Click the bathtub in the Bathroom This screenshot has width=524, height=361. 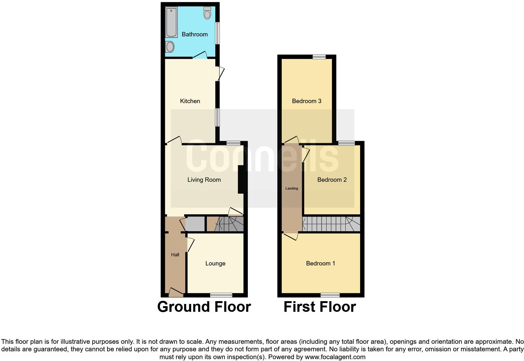click(x=171, y=22)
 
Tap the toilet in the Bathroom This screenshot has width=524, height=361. click(x=207, y=13)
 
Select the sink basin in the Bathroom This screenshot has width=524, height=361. click(x=170, y=47)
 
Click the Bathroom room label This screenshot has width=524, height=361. click(x=195, y=34)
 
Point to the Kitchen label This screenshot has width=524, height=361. click(x=190, y=101)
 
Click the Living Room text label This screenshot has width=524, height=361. click(x=204, y=180)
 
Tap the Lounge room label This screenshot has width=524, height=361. click(x=215, y=264)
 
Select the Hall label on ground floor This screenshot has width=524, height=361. click(x=175, y=255)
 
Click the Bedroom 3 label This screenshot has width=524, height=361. click(x=307, y=101)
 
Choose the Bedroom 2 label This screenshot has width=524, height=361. click(x=332, y=180)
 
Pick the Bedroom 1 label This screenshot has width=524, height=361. click(x=320, y=264)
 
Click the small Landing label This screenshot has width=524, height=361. click(x=291, y=188)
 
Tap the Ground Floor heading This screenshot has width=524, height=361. click(x=204, y=307)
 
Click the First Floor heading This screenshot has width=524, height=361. click(x=320, y=307)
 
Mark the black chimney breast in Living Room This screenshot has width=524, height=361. click(x=242, y=179)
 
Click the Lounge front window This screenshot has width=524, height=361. click(x=221, y=295)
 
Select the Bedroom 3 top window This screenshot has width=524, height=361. click(x=319, y=57)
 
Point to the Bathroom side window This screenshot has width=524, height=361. click(x=217, y=33)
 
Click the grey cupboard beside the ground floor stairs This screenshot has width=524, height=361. click(x=195, y=224)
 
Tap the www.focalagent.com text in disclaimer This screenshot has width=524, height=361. click(x=335, y=357)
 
